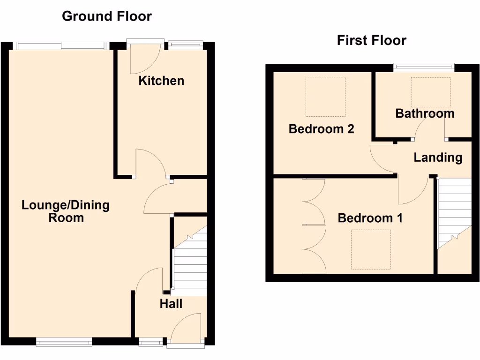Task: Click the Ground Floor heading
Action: click(107, 16)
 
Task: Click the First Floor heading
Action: click(371, 40)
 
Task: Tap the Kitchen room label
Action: click(161, 81)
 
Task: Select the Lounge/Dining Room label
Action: click(66, 211)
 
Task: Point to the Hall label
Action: click(171, 304)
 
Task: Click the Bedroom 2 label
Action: click(321, 129)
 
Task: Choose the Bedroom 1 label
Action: click(370, 218)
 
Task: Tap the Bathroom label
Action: click(425, 113)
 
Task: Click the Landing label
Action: click(438, 157)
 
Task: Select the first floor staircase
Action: click(454, 211)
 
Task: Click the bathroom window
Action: click(424, 67)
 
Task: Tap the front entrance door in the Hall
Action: click(186, 330)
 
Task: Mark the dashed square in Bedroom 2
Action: click(325, 97)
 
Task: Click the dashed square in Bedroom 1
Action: click(371, 249)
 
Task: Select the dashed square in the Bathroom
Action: click(430, 92)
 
